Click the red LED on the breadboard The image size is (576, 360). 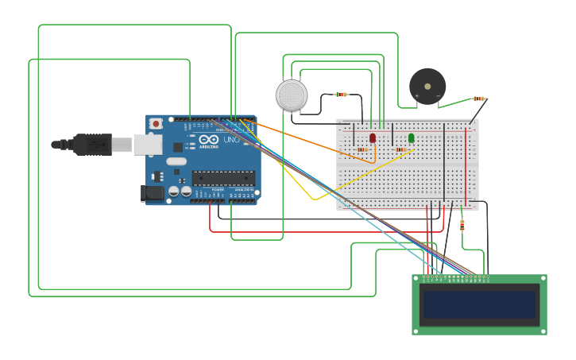tap(372, 138)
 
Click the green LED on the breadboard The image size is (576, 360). tap(411, 138)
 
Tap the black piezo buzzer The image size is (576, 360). tap(427, 86)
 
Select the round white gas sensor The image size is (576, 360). tap(292, 95)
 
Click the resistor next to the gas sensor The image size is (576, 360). tap(341, 95)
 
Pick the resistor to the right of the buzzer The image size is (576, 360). tap(478, 99)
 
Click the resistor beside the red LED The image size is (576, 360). tap(362, 149)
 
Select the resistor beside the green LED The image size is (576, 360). tap(400, 149)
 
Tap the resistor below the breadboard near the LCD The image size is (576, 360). tap(462, 226)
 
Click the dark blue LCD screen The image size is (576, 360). tap(479, 304)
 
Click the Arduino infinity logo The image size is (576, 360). tap(207, 140)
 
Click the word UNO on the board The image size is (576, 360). tap(231, 141)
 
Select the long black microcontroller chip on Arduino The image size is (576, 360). tap(223, 178)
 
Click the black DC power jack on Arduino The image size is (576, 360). tap(153, 193)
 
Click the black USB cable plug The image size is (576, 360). tap(92, 144)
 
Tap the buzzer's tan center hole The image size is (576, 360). tap(427, 86)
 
